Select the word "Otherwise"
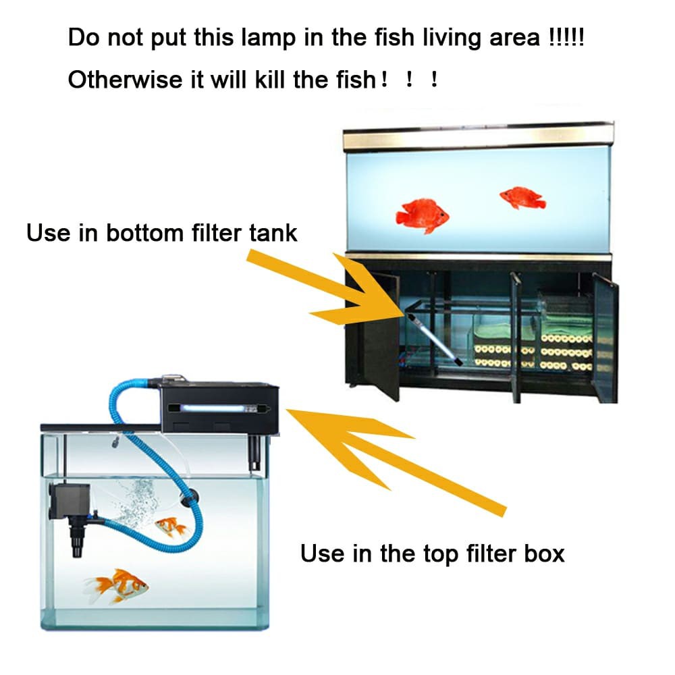(126, 80)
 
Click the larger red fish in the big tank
(423, 216)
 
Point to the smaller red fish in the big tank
(522, 198)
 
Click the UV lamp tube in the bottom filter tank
(434, 340)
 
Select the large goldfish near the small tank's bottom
(117, 587)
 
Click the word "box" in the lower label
(544, 553)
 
